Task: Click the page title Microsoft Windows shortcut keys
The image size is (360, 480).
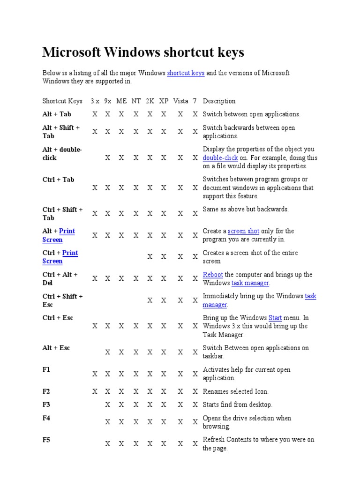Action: coord(143,52)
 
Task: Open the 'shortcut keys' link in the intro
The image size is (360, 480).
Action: coord(186,73)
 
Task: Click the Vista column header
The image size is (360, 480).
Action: coord(180,101)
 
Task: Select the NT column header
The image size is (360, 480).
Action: coord(136,101)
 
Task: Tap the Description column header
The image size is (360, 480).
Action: coord(219,101)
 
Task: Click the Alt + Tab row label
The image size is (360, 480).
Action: coord(57,114)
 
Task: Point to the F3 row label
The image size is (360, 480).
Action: coord(46,404)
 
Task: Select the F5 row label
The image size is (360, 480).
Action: coord(46,440)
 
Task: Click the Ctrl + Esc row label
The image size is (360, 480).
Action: coord(58,318)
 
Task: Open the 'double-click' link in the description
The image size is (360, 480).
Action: coord(220,158)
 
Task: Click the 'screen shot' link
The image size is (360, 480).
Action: coord(243,231)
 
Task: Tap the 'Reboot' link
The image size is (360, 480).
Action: coord(213,275)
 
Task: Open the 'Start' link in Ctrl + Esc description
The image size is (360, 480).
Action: coord(275,318)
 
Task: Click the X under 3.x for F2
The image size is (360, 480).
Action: coord(95,391)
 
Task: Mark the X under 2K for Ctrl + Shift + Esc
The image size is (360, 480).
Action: coord(150,300)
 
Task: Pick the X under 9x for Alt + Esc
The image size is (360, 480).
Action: coord(108,352)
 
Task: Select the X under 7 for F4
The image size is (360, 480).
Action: coord(195,422)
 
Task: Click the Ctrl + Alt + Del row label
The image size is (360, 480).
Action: coord(60,279)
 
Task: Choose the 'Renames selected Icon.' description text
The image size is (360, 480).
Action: coord(235,391)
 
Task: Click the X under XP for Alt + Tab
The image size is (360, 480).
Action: coord(164,114)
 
